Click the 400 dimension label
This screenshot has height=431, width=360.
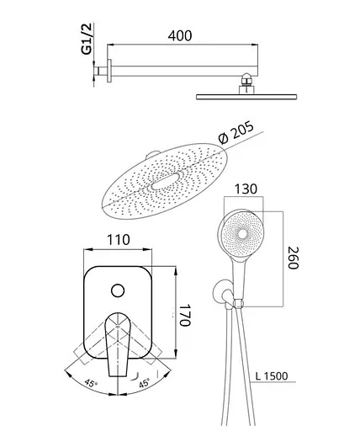180,36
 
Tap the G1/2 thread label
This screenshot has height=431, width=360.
87,39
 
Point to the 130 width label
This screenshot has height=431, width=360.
246,189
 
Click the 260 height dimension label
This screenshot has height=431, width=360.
294,258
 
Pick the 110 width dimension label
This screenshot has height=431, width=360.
119,240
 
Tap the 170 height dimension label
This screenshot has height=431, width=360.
185,315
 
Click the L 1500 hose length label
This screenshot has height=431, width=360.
272,376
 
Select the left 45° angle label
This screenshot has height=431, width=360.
91,383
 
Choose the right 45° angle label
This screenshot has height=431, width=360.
144,383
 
